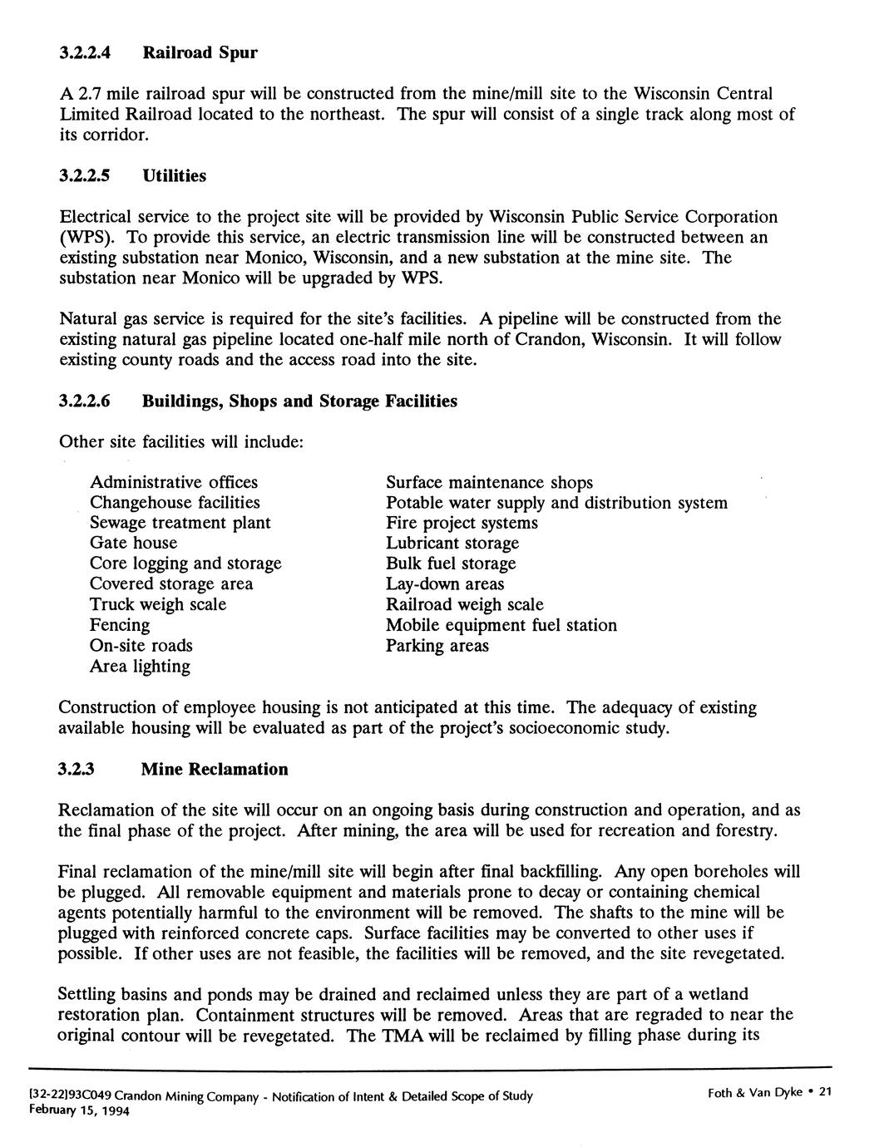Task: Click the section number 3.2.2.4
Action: point(86,53)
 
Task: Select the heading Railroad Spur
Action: point(200,53)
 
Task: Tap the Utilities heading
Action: point(174,176)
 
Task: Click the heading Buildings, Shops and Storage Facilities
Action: point(299,401)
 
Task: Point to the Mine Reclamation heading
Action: point(215,769)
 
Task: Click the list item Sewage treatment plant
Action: point(180,523)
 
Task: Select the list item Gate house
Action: point(133,543)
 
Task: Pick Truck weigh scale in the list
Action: point(158,604)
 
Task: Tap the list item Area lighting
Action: point(140,666)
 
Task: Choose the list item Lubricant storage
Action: point(452,544)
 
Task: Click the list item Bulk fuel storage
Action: point(451,564)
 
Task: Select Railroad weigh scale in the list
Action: point(464,604)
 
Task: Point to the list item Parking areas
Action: point(437,646)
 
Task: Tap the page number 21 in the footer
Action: point(825,1092)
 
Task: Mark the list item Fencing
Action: point(120,625)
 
